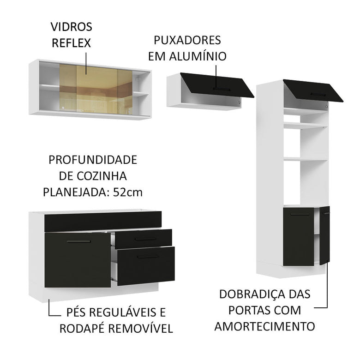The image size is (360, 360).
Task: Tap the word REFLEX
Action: point(72,43)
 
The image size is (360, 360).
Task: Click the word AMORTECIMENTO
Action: point(265,326)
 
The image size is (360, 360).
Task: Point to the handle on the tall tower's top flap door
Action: point(320,94)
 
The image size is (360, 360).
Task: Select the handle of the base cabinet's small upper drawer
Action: point(144,239)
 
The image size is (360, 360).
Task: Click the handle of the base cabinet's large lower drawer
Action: point(148,257)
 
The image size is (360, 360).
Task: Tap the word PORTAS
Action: point(277,310)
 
